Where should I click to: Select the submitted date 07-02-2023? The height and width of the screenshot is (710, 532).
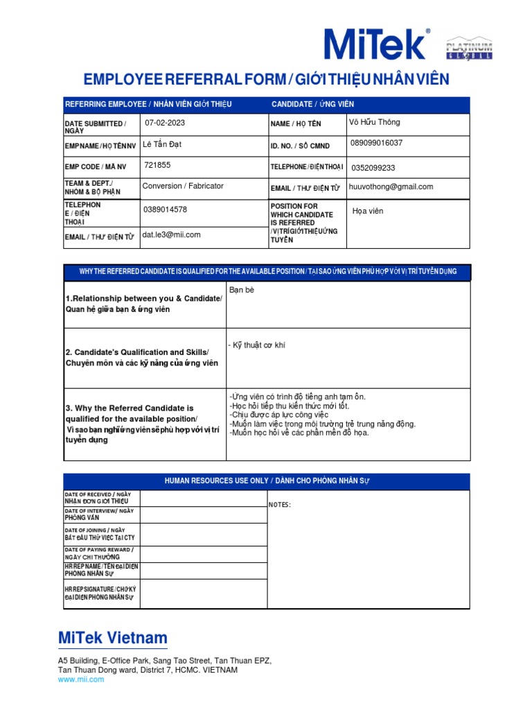(165, 123)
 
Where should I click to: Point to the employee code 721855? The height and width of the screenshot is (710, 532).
(157, 166)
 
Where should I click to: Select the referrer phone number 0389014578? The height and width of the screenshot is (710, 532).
(165, 209)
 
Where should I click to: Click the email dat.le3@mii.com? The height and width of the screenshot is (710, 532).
(171, 234)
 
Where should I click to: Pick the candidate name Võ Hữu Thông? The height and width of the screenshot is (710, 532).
(375, 123)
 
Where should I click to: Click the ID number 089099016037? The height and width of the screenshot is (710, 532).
(377, 144)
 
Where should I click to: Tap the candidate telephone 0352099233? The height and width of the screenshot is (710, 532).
(374, 168)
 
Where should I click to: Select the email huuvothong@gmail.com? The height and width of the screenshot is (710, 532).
(391, 187)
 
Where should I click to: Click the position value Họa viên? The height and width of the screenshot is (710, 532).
(368, 211)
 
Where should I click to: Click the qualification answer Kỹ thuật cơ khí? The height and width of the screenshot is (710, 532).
(256, 345)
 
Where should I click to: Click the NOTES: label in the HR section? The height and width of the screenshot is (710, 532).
(280, 505)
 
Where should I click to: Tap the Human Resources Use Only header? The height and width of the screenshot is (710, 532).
(267, 481)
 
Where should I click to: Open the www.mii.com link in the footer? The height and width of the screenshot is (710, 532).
(81, 679)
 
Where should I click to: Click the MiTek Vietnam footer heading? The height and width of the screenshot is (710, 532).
(113, 638)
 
